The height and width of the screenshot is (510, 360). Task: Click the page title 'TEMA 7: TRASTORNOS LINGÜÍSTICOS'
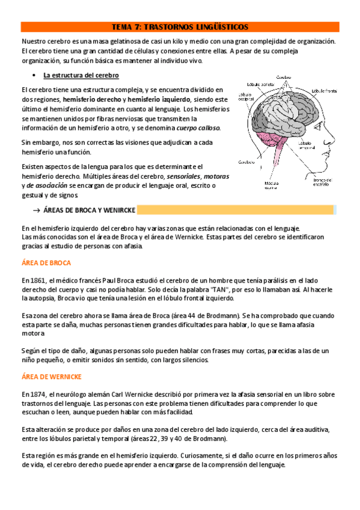[180, 27]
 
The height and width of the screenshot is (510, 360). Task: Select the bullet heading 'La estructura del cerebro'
[81, 75]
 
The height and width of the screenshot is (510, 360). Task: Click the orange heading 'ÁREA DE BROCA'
[46, 263]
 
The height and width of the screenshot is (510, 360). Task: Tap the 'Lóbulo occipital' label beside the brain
[246, 97]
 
